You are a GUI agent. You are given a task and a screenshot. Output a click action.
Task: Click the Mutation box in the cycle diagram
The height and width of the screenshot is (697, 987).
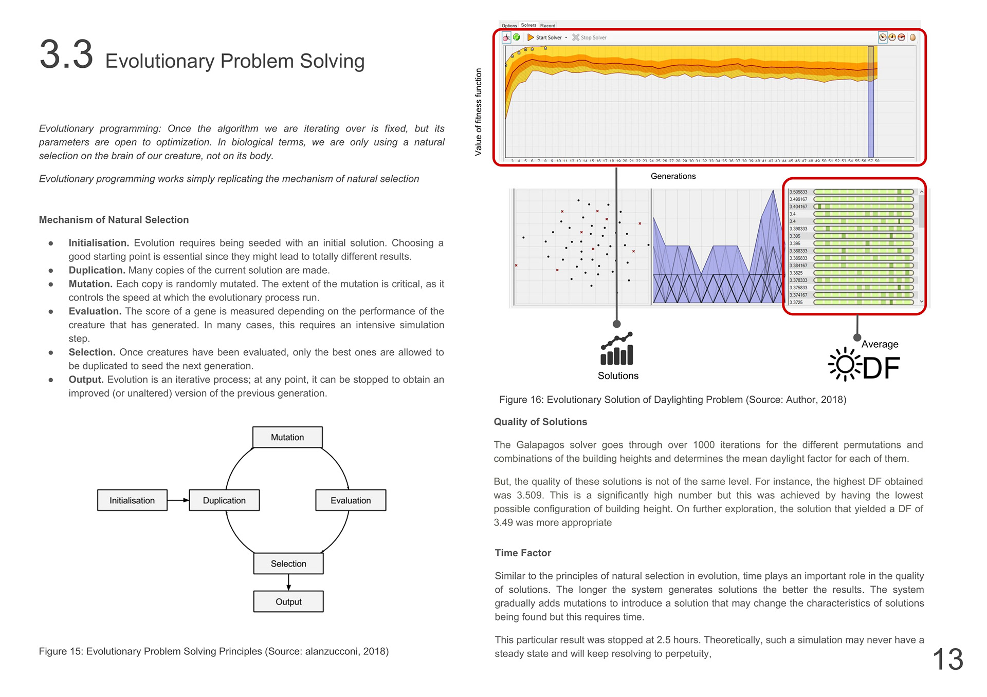(287, 437)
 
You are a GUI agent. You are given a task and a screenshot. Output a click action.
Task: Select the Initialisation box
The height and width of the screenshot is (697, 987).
(132, 500)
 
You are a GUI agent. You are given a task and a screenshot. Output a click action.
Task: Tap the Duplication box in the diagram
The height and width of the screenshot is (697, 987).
(224, 500)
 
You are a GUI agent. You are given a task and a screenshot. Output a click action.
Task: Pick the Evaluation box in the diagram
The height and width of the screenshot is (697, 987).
(351, 500)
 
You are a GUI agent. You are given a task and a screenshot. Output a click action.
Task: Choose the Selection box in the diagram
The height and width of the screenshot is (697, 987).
(288, 563)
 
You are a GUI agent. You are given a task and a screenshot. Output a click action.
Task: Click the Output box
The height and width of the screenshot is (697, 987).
(288, 601)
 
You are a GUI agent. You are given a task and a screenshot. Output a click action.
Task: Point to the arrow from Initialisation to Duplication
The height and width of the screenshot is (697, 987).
(178, 500)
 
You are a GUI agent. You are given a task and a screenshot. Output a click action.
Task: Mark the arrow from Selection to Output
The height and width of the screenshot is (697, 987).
(288, 582)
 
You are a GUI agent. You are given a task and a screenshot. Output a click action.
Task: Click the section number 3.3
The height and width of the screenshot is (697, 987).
(66, 54)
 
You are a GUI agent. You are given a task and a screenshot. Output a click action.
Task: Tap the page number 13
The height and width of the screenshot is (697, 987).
(947, 660)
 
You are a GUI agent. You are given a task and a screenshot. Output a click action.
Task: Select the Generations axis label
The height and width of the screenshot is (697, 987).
(673, 176)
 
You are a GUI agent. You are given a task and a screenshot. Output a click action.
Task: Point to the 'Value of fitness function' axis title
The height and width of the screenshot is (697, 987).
(479, 112)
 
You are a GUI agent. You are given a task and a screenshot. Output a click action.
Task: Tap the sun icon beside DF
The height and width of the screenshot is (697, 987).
(844, 365)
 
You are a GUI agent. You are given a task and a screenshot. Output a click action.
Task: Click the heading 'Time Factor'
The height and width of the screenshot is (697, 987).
(523, 553)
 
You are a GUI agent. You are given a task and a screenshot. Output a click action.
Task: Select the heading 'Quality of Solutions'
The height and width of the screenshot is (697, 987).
(540, 422)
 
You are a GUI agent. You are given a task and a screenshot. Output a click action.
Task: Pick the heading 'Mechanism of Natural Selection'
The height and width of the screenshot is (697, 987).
(114, 220)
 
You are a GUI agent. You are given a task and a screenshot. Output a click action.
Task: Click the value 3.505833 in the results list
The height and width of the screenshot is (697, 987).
(798, 192)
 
